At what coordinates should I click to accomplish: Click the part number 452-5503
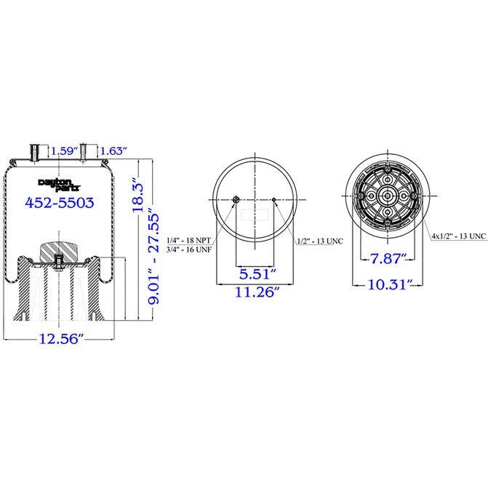click(60, 203)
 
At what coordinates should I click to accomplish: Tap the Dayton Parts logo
click(59, 185)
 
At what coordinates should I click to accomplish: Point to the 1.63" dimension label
click(114, 151)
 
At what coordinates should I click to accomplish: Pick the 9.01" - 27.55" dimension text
click(153, 255)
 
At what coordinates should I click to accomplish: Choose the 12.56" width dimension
click(61, 339)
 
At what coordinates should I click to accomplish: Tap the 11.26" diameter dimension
click(257, 292)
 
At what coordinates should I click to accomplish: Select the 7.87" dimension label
click(388, 258)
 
